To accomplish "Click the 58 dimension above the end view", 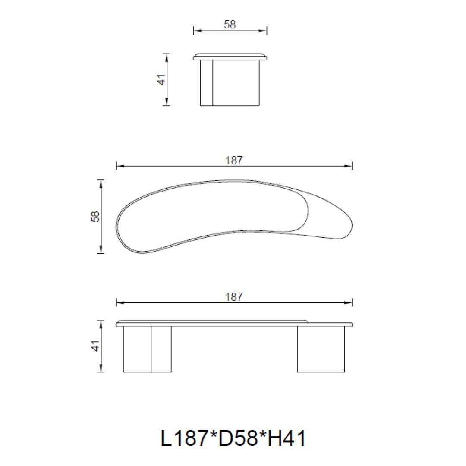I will tap(230, 25).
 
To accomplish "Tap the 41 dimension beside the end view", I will tap(161, 79).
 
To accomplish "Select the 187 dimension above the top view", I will tap(234, 161).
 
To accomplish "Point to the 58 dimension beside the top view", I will tap(95, 216).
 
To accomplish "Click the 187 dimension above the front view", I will tap(234, 297).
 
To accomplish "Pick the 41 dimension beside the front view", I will tap(95, 346).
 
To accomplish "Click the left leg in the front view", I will tap(147, 349).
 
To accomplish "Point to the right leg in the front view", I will tap(321, 349).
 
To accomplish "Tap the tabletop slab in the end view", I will tap(230, 57).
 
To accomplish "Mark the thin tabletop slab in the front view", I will tap(234, 324).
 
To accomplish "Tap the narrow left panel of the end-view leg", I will tap(207, 82).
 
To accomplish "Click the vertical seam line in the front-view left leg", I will tap(151, 349).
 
